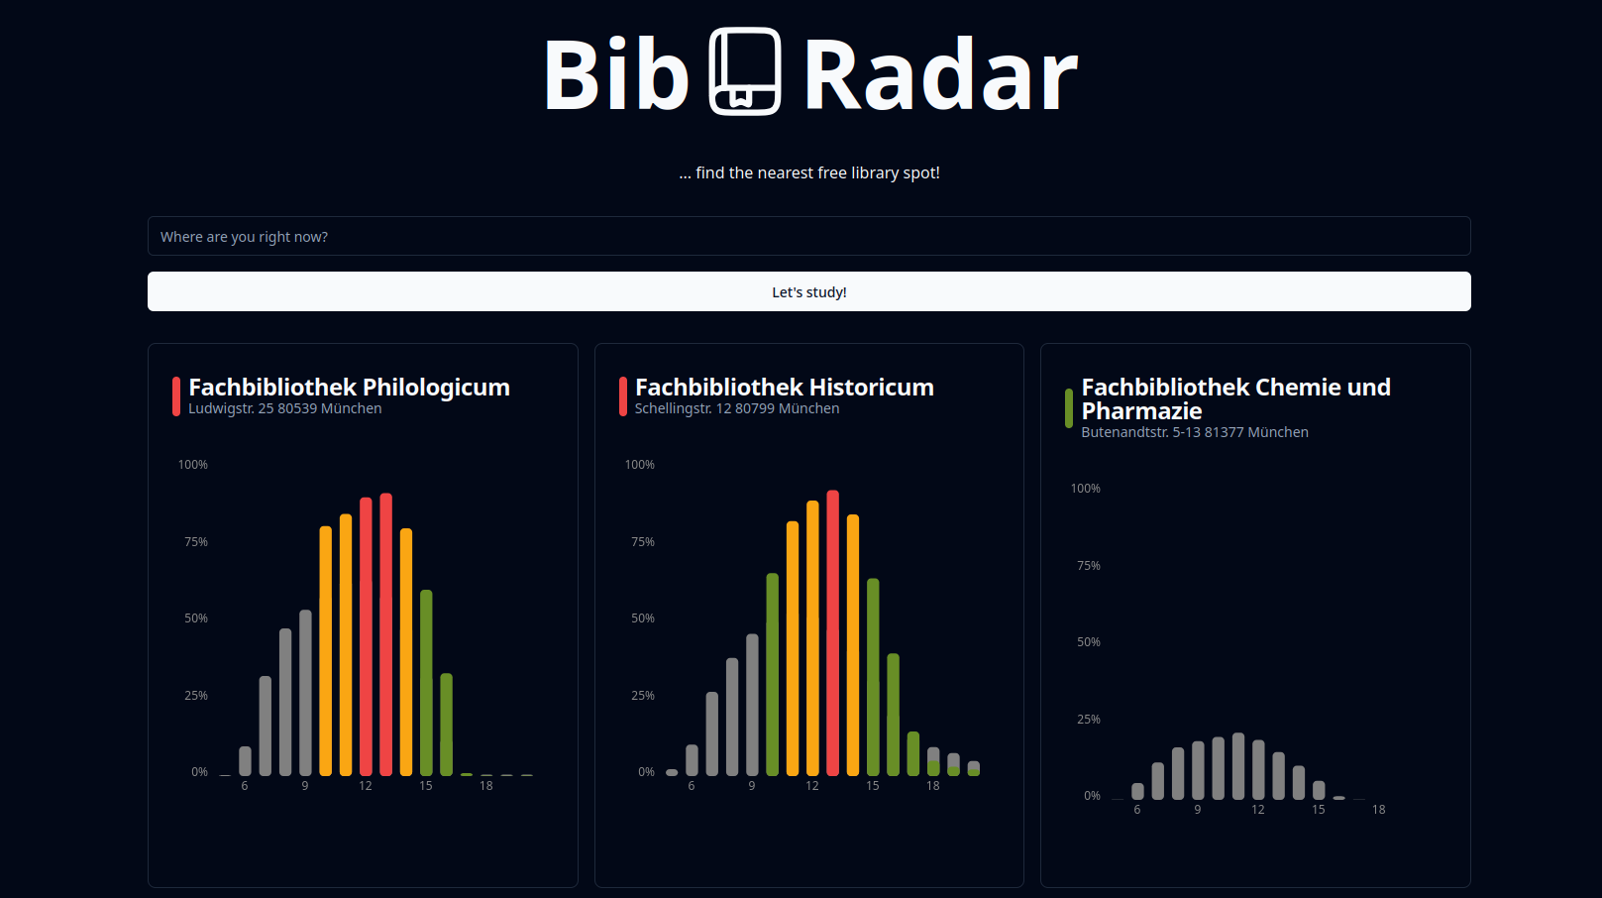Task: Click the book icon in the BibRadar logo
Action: click(x=745, y=71)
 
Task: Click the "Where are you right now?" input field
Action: click(x=808, y=237)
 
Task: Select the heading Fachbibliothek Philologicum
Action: click(x=349, y=388)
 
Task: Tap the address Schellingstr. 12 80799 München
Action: click(x=737, y=409)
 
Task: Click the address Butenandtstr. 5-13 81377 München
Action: click(x=1195, y=433)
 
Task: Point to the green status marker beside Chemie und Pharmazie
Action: click(x=1069, y=408)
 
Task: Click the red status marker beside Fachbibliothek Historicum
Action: click(x=623, y=396)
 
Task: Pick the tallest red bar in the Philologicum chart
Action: click(x=386, y=634)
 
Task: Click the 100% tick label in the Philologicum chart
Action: click(x=193, y=465)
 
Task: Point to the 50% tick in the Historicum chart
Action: click(x=643, y=618)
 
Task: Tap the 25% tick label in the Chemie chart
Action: click(x=1089, y=720)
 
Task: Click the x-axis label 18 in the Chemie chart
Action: click(x=1379, y=810)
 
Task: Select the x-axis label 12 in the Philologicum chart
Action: click(x=366, y=786)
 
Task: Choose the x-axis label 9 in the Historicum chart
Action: click(x=752, y=786)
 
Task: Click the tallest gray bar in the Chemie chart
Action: click(x=1238, y=766)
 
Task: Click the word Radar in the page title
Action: click(x=939, y=75)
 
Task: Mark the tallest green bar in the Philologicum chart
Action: click(x=426, y=683)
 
